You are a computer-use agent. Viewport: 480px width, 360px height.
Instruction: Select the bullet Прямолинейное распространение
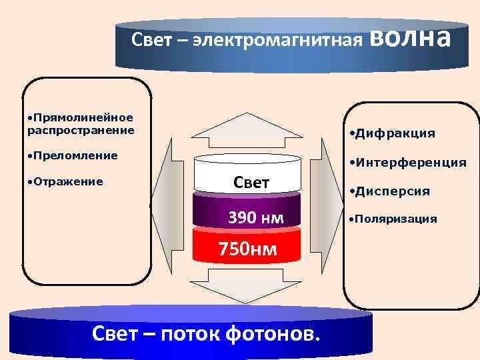click(81, 123)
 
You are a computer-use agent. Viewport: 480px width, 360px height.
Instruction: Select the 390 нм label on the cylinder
click(255, 217)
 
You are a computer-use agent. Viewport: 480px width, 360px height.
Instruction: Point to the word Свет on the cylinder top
click(251, 182)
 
